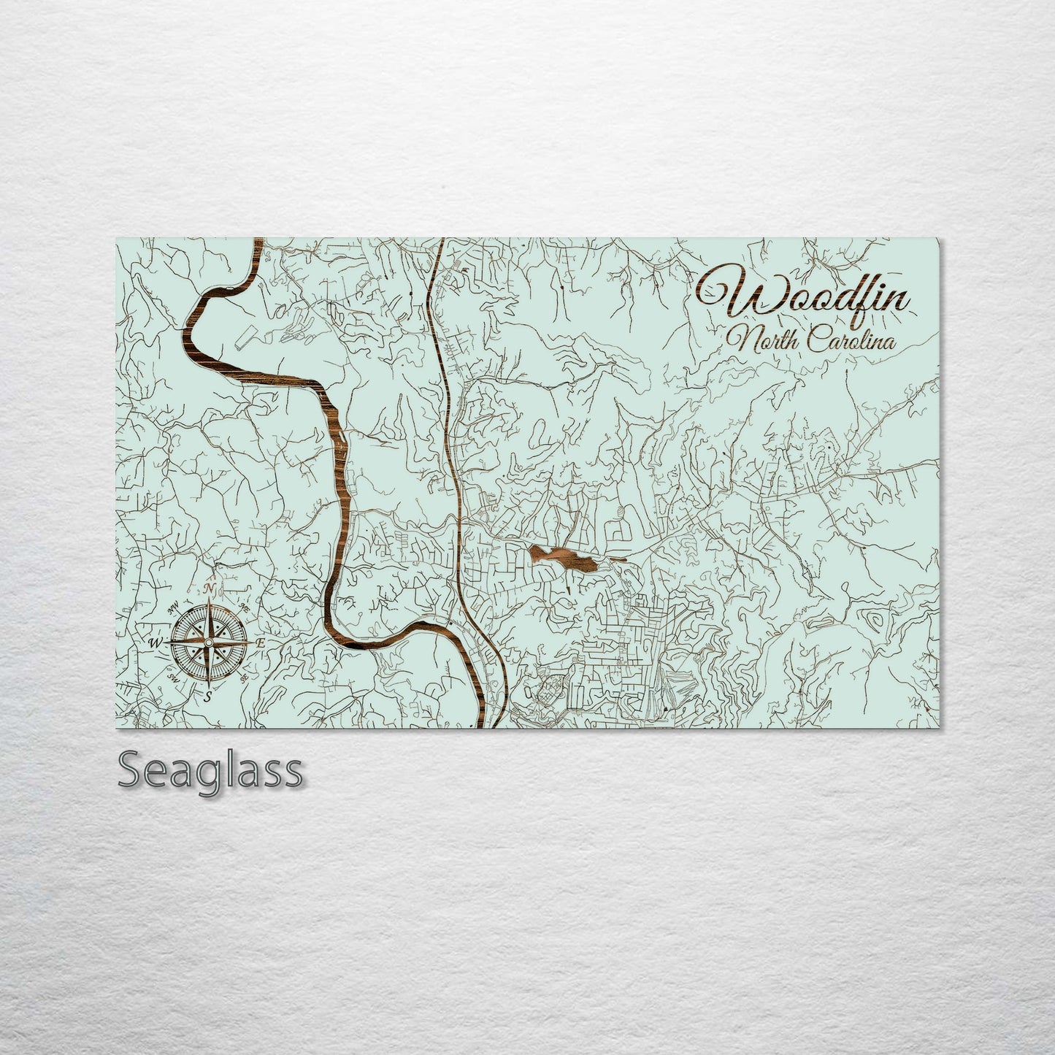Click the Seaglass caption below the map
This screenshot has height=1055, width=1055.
(210, 770)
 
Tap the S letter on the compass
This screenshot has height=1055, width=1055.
(208, 696)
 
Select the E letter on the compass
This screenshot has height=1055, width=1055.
(260, 642)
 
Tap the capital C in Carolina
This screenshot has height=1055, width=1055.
(814, 340)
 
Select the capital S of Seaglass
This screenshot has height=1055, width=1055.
(131, 770)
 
